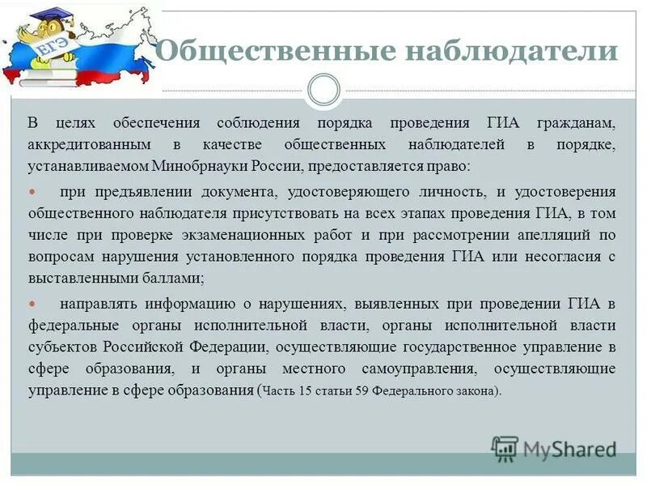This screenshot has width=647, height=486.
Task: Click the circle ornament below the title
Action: click(x=323, y=90)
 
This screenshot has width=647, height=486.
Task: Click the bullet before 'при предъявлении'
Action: click(x=33, y=192)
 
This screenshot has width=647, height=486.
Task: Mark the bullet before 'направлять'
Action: click(x=33, y=304)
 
